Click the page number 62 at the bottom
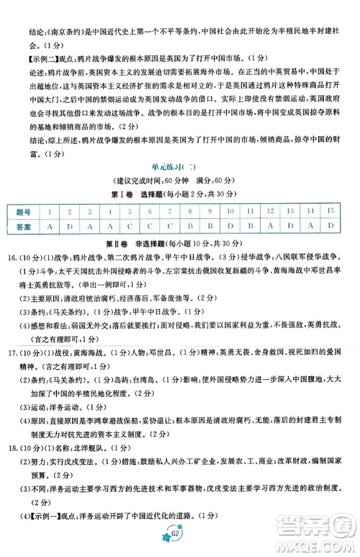[178, 534]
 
